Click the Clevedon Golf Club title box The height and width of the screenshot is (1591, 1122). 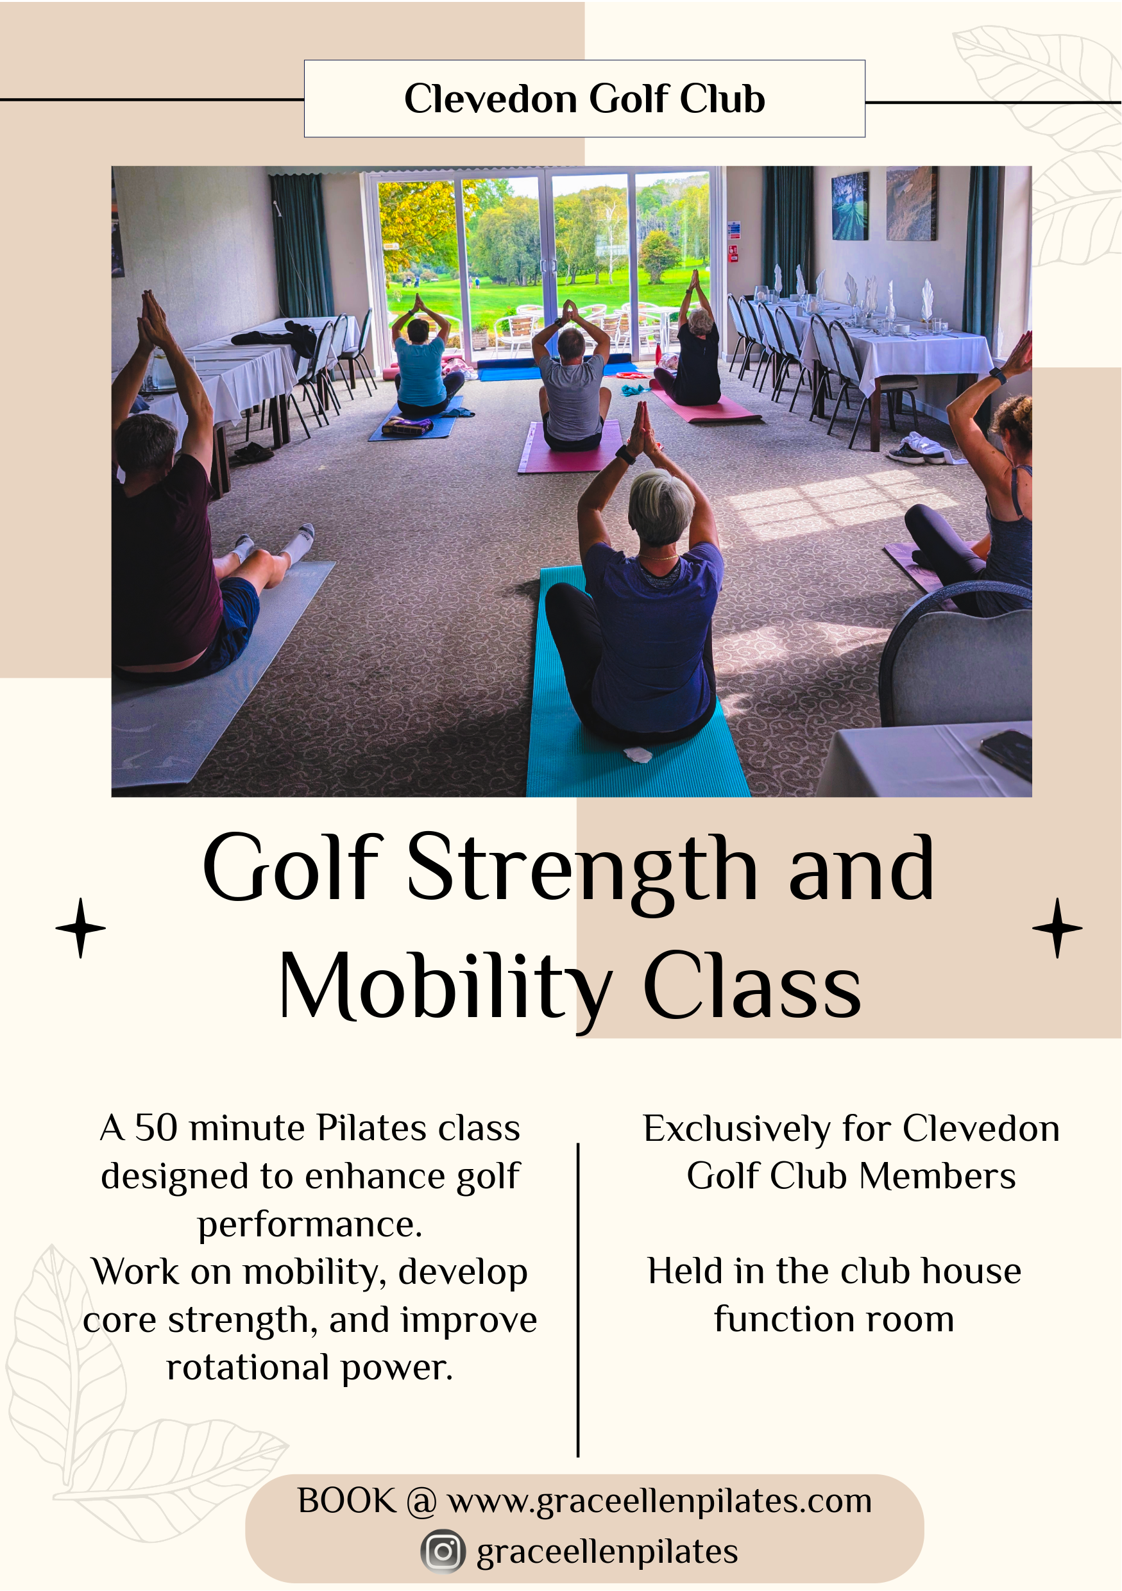[x=584, y=98]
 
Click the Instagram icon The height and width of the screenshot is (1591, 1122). [x=443, y=1551]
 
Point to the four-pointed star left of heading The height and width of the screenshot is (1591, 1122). [x=81, y=928]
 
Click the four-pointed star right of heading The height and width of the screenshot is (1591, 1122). [x=1057, y=928]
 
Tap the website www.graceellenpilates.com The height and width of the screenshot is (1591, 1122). [x=659, y=1501]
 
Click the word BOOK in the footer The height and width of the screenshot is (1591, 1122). [x=346, y=1501]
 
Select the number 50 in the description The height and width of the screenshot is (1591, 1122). [x=156, y=1128]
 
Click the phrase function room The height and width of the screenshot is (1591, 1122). [x=834, y=1318]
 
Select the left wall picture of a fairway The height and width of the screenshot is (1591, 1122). [x=849, y=206]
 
